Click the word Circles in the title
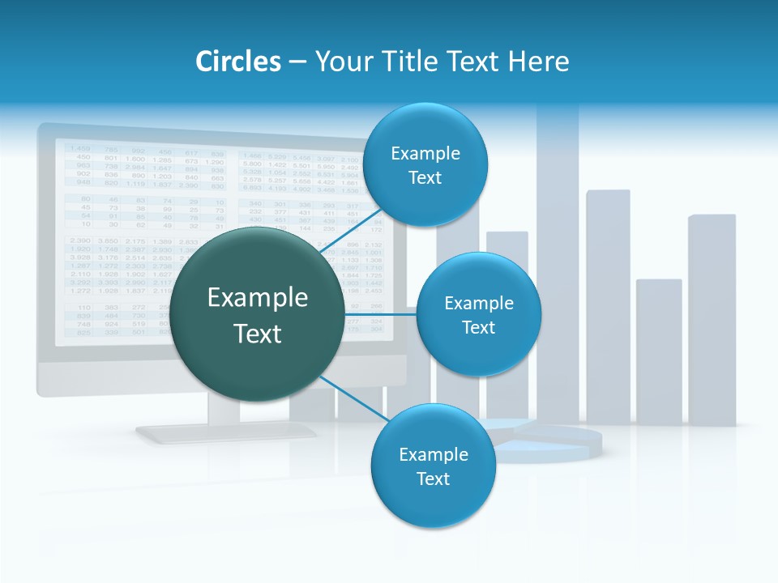click(238, 62)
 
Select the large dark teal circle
click(258, 314)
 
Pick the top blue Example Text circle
click(425, 164)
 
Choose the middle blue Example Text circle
click(478, 314)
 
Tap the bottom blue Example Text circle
click(433, 466)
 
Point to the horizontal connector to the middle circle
click(380, 314)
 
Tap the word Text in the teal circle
click(258, 334)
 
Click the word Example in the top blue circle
click(425, 153)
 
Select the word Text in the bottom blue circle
click(433, 479)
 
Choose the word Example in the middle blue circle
click(478, 303)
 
